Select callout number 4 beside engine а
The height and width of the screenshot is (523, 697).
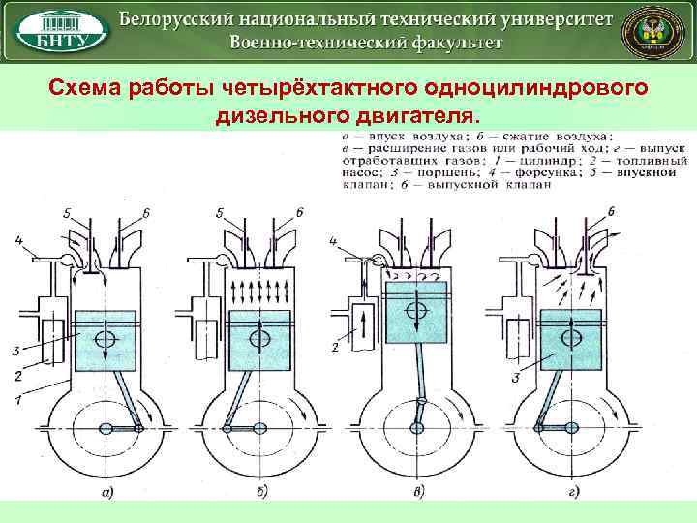click(17, 238)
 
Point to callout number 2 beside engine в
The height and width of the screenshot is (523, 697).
click(335, 346)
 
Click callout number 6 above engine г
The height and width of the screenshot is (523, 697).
click(611, 210)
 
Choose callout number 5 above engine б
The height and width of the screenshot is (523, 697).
click(221, 210)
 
